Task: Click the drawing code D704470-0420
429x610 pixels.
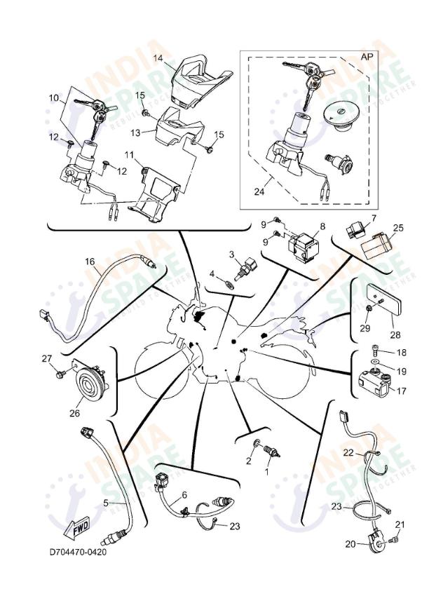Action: [78, 552]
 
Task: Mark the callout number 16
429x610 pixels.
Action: [90, 262]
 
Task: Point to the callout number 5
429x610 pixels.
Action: [106, 502]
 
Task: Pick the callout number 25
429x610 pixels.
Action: [398, 228]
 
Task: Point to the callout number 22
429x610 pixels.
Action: [348, 454]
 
